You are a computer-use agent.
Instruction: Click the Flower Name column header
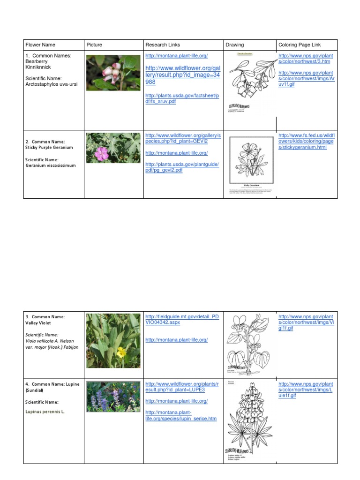(40, 45)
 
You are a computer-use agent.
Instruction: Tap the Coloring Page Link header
(300, 45)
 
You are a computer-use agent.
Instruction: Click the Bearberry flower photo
(113, 73)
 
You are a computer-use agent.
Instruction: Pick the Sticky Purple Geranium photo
(113, 148)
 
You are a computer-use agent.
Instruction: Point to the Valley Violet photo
(113, 341)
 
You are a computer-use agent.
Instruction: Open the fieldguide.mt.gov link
(182, 320)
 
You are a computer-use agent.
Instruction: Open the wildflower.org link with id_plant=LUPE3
(182, 387)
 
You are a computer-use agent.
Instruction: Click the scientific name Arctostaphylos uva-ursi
(52, 84)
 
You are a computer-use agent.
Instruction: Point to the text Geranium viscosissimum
(51, 165)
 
